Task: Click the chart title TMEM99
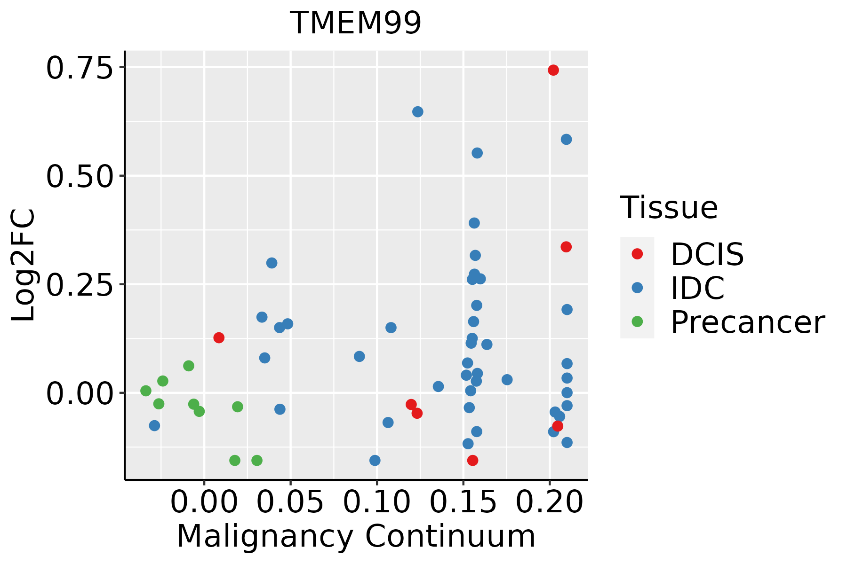click(356, 23)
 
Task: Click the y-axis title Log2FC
click(24, 265)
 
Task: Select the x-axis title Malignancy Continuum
click(356, 536)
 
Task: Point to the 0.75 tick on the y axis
click(80, 68)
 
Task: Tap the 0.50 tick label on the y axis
click(80, 176)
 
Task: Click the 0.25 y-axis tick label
click(80, 285)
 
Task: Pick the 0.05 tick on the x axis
click(290, 502)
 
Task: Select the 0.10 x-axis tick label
click(376, 502)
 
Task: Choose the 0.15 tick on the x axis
click(463, 502)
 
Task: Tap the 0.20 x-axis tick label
click(550, 502)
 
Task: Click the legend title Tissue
click(669, 207)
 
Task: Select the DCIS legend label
click(707, 254)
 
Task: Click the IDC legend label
click(697, 288)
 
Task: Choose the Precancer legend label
click(747, 322)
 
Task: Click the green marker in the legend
click(637, 322)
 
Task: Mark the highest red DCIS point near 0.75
click(553, 70)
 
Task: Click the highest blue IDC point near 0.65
click(418, 112)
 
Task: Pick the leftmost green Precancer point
click(146, 391)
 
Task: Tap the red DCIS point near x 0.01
click(219, 337)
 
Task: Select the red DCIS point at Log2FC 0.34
click(566, 247)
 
